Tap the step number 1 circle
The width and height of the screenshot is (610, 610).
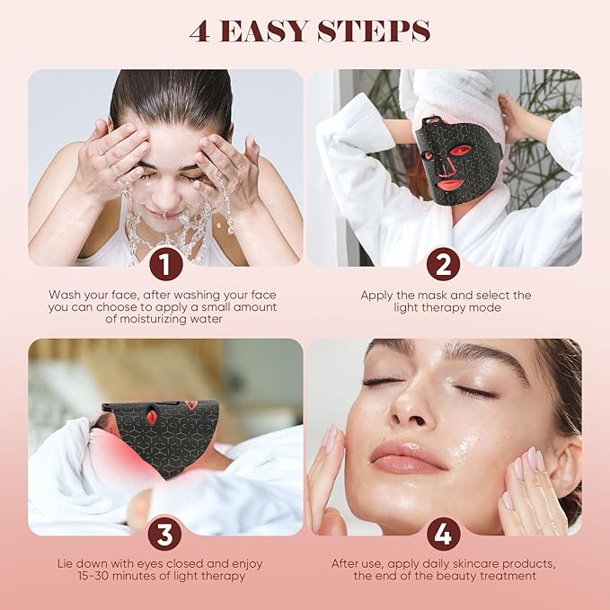pos(165,264)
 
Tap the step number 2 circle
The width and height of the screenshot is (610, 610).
pos(443,264)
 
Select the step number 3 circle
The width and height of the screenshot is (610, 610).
pos(165,534)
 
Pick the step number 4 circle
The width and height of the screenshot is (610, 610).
pos(443,534)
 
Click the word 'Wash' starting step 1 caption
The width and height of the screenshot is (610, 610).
pos(65,294)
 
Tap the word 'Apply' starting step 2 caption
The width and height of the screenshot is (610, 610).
pos(377,295)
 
